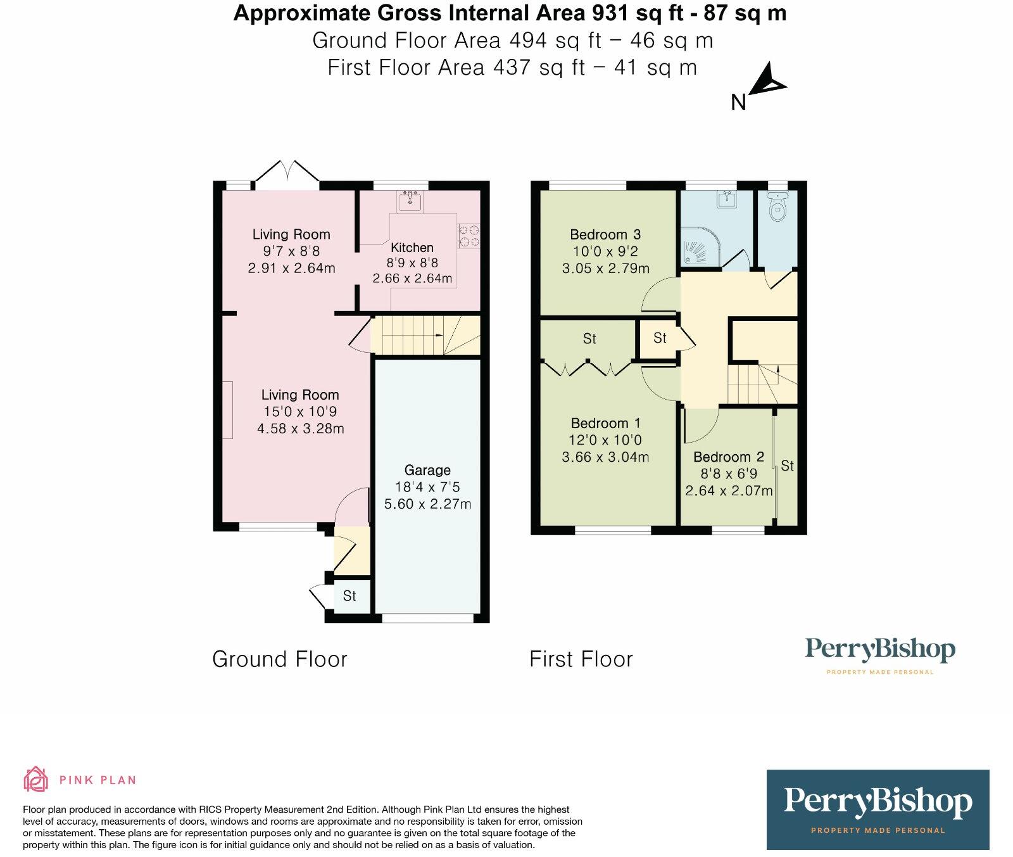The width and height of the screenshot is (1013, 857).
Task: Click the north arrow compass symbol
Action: (x=768, y=82)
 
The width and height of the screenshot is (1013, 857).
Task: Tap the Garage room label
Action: (x=427, y=470)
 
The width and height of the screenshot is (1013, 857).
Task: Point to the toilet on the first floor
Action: (x=776, y=205)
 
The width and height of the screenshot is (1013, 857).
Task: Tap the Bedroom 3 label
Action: (x=605, y=234)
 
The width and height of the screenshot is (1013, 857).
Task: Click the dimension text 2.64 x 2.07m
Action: (x=729, y=490)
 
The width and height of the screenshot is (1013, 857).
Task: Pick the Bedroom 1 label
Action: (x=605, y=423)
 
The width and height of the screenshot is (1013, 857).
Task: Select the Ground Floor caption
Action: (x=280, y=659)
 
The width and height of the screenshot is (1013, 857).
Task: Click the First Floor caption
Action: (x=581, y=659)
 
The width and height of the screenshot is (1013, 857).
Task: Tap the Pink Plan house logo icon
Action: (x=35, y=779)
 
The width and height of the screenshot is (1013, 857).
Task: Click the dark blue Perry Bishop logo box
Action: (x=878, y=809)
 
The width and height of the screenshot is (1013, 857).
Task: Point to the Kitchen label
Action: (x=412, y=248)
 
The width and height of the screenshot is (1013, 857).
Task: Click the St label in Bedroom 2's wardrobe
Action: (x=787, y=466)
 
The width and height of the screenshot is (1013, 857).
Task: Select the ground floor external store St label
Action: (x=349, y=596)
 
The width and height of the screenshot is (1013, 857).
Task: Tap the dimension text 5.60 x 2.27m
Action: (x=427, y=504)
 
